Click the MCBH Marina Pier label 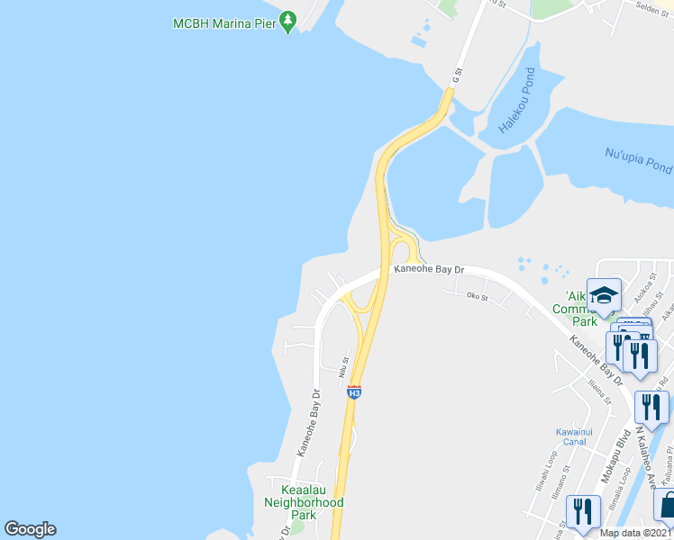point(223,22)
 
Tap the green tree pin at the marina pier point(287,21)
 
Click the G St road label point(458,76)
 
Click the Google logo point(30,529)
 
